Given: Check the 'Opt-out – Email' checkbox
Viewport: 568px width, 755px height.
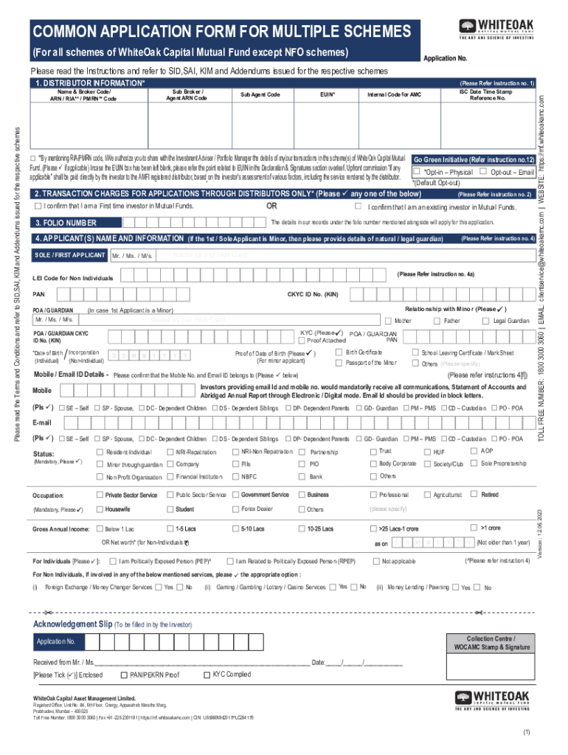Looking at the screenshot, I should [483, 172].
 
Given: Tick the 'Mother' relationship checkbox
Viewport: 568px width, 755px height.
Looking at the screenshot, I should [389, 321].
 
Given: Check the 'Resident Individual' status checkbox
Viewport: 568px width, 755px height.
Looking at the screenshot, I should [100, 451].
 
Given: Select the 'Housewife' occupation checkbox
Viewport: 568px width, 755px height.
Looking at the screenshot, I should [99, 509].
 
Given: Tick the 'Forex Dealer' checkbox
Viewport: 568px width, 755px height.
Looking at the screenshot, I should [235, 509].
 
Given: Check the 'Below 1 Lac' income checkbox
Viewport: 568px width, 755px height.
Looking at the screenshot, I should [99, 529].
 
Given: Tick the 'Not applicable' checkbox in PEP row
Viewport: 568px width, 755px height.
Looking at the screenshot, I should [375, 562].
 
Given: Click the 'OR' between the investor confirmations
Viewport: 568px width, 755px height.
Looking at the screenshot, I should [271, 206].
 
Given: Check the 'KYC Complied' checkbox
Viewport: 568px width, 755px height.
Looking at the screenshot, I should [206, 675].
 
